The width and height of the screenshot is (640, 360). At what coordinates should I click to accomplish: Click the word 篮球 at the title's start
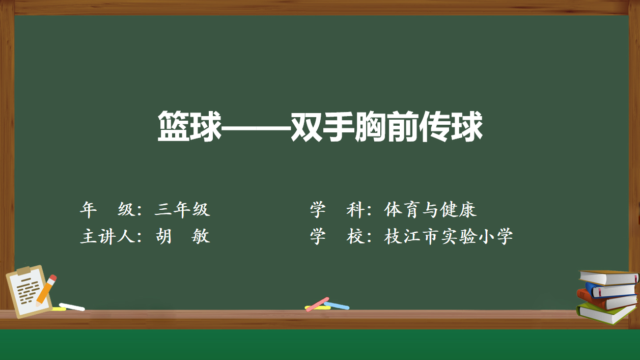click(x=189, y=126)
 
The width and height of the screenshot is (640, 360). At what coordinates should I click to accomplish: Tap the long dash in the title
click(x=256, y=128)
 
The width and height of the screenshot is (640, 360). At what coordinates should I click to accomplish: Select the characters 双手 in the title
click(x=323, y=126)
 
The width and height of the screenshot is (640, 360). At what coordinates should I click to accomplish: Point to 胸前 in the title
click(x=387, y=126)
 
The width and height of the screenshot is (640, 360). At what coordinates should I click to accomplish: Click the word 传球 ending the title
click(x=451, y=126)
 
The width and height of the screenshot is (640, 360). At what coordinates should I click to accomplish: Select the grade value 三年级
click(x=182, y=209)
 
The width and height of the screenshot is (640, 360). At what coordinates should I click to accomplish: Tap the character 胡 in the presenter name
click(x=164, y=236)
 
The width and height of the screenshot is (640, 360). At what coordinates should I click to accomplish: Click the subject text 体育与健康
click(x=430, y=209)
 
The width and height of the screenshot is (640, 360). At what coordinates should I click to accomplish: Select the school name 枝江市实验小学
click(x=448, y=236)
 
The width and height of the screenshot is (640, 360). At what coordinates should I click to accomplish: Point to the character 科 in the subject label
click(x=355, y=209)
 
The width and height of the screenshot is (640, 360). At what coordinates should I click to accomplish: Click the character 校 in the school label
click(x=355, y=236)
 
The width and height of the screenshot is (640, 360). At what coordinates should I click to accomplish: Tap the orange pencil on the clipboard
click(x=46, y=290)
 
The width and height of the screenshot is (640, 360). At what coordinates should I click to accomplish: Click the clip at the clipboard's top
click(x=23, y=270)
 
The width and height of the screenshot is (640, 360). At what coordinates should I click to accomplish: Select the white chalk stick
click(x=72, y=307)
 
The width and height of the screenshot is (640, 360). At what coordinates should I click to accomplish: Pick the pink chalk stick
click(x=317, y=304)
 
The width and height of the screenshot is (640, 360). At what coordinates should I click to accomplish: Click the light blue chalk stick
click(x=337, y=306)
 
